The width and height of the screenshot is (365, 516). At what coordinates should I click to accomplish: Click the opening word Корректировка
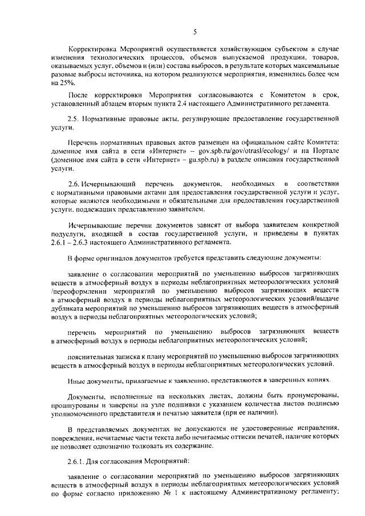point(93,50)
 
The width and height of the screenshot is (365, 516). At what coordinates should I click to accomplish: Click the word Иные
point(76,380)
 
